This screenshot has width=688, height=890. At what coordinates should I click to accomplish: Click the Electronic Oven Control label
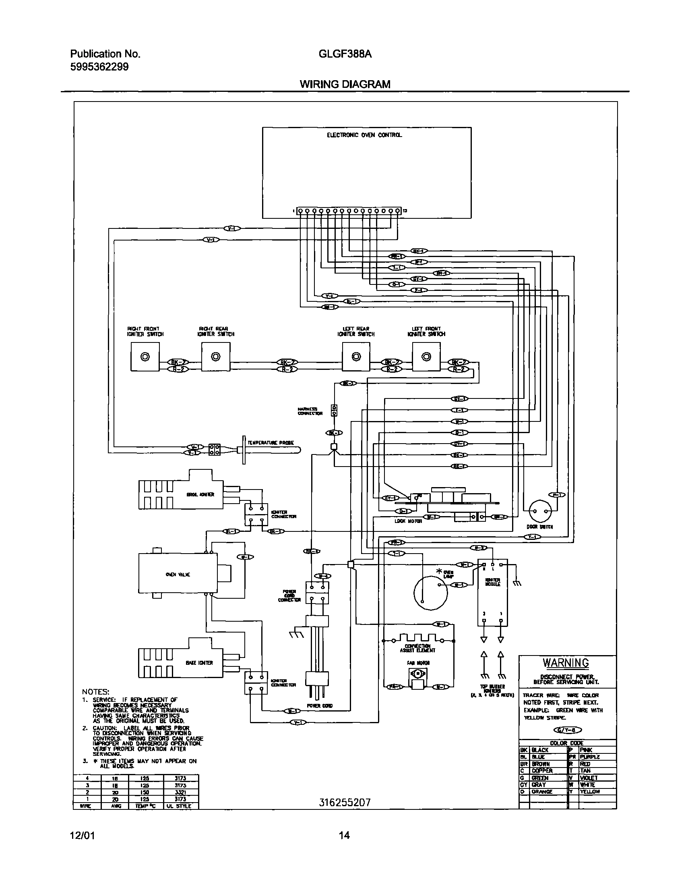(364, 135)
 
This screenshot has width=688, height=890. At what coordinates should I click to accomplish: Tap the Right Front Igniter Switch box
(145, 357)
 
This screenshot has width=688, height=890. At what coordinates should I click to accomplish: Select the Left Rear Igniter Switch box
(356, 357)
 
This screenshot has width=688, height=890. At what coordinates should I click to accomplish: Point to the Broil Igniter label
(200, 494)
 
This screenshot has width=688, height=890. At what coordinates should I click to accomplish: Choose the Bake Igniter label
(199, 663)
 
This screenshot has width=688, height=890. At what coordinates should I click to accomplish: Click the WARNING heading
(566, 663)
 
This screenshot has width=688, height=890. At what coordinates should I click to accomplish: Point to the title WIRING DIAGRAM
(345, 84)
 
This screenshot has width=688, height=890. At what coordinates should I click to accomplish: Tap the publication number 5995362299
(99, 67)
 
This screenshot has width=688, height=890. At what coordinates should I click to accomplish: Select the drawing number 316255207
(345, 803)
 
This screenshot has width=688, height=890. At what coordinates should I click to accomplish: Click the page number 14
(344, 835)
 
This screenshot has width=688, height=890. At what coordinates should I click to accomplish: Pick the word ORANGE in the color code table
(542, 791)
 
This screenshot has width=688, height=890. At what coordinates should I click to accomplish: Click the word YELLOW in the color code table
(590, 791)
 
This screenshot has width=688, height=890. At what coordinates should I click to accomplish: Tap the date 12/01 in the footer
(82, 835)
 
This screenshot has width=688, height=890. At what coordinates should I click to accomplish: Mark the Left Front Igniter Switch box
(426, 357)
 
